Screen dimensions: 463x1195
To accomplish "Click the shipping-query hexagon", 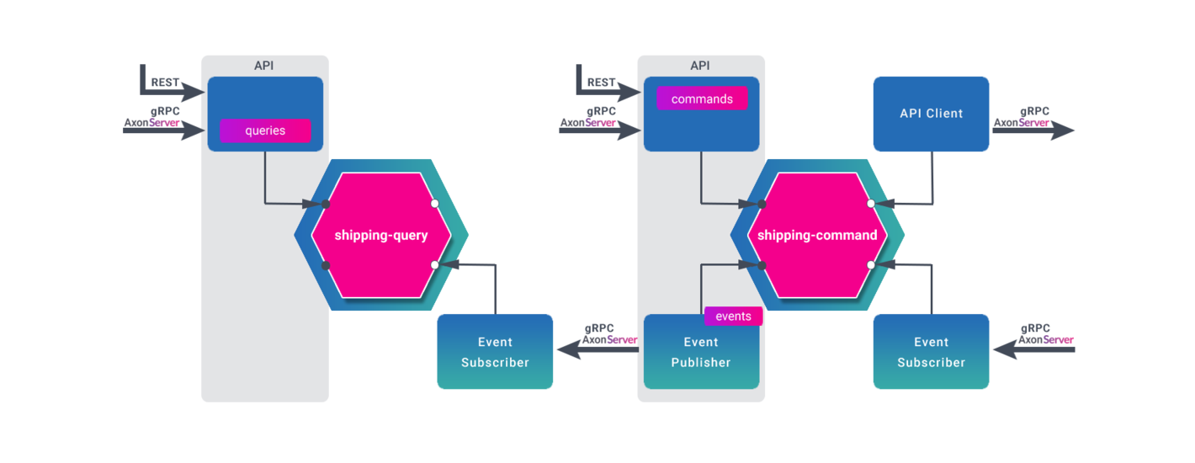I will pyautogui.click(x=380, y=236).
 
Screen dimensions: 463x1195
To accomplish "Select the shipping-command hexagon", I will pyautogui.click(x=817, y=236).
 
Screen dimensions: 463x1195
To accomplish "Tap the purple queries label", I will pyautogui.click(x=265, y=130).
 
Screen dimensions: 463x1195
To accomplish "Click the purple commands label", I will pyautogui.click(x=702, y=99).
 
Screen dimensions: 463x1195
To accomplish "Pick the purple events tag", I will pyautogui.click(x=733, y=317).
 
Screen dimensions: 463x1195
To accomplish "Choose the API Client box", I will pyautogui.click(x=931, y=114).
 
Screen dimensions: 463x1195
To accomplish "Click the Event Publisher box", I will pyautogui.click(x=701, y=352).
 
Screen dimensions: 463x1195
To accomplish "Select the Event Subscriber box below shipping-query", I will pyautogui.click(x=495, y=352).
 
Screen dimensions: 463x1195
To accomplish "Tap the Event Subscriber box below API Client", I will pyautogui.click(x=931, y=352).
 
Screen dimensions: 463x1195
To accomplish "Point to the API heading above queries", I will pyautogui.click(x=264, y=66).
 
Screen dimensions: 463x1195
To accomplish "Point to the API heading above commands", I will pyautogui.click(x=700, y=66).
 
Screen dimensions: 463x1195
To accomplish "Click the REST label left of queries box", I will pyautogui.click(x=165, y=82).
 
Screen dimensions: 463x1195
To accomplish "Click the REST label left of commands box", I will pyautogui.click(x=601, y=82).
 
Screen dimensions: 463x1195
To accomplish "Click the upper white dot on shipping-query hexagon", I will pyautogui.click(x=434, y=204).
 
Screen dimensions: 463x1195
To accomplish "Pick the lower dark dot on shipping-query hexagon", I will pyautogui.click(x=326, y=265).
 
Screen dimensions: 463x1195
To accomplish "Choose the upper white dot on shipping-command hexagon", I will pyautogui.click(x=870, y=204).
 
